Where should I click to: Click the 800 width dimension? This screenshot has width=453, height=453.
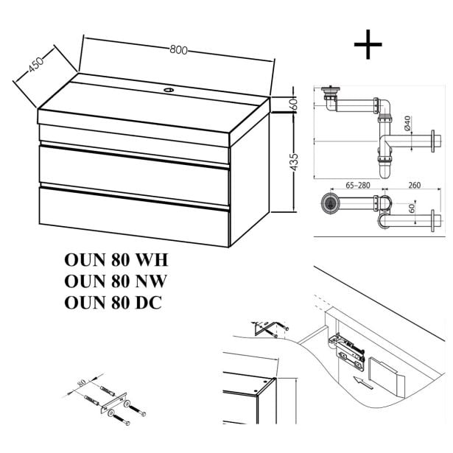click(177, 51)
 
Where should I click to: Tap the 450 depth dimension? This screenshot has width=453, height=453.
click(35, 66)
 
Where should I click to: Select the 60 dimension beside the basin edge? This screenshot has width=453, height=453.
click(293, 103)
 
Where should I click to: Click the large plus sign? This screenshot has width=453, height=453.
click(368, 45)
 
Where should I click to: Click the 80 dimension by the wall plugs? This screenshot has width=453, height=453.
click(79, 384)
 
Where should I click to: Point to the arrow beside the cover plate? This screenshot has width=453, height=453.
click(360, 381)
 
